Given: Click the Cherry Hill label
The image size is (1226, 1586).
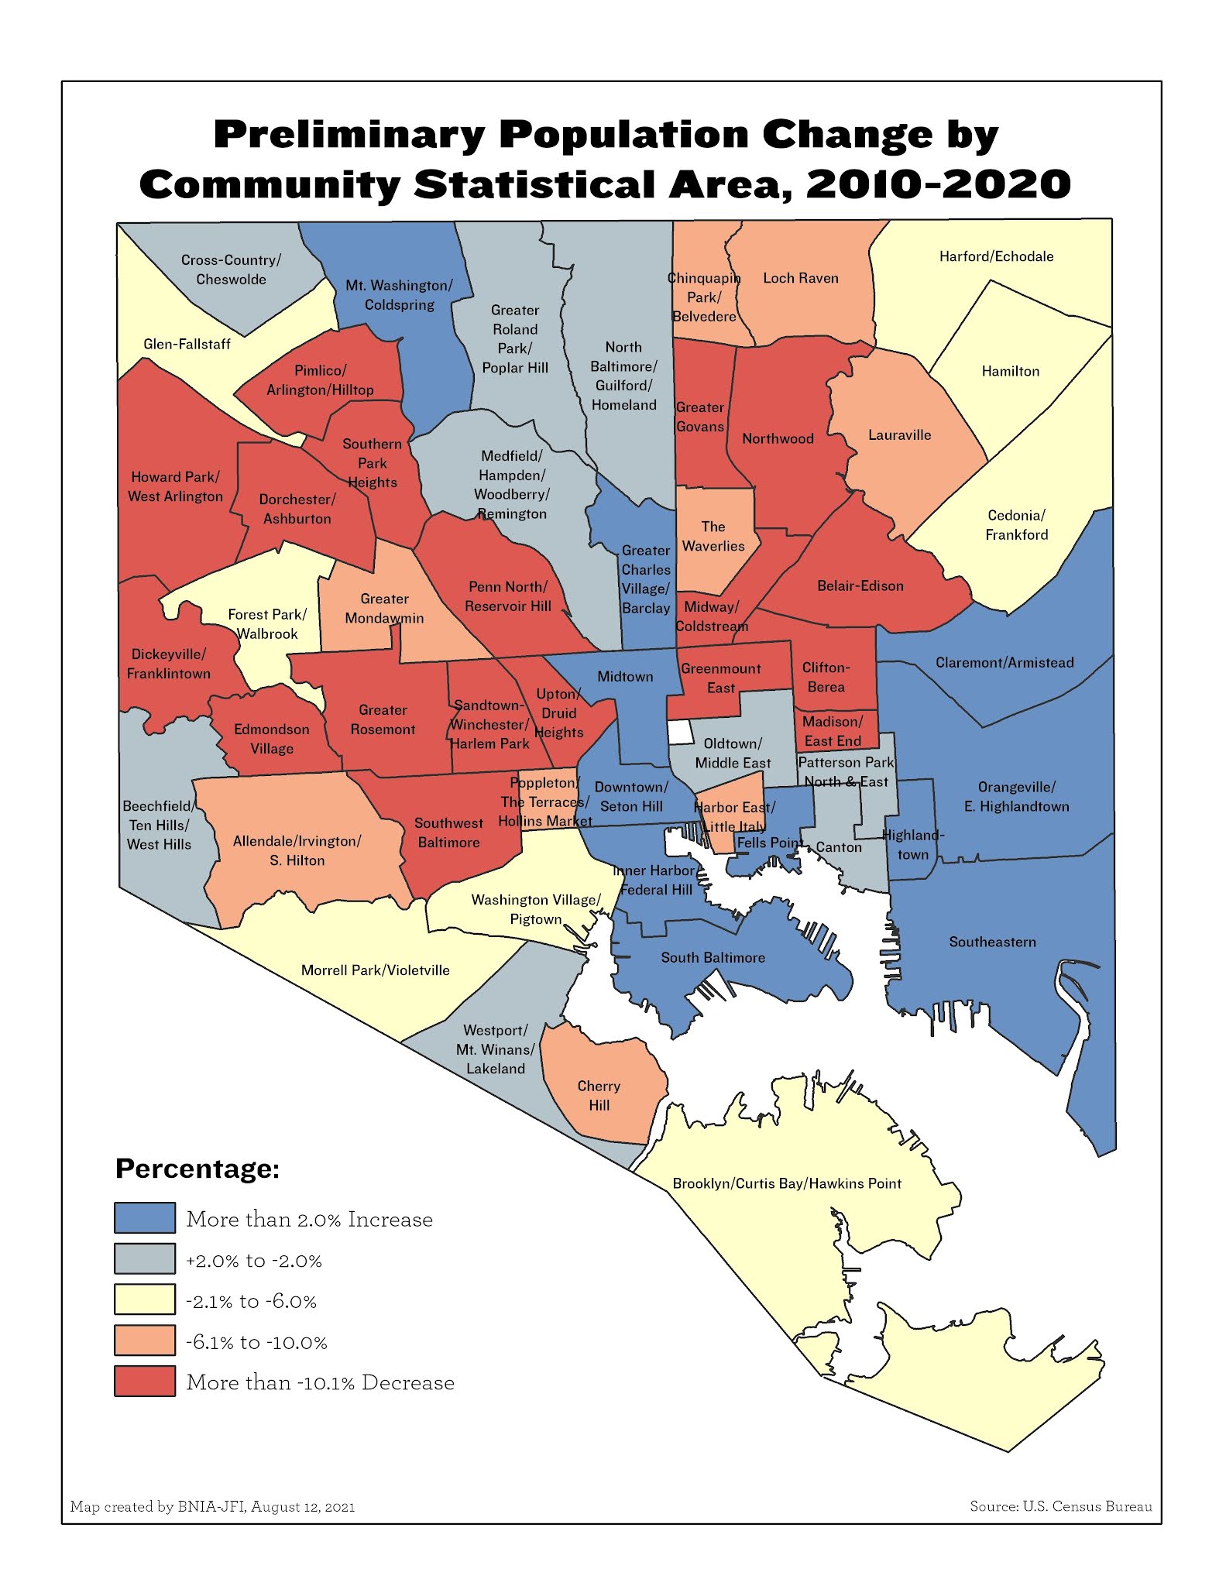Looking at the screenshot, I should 599,1095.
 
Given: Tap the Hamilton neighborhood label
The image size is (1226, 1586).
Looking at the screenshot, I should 1010,371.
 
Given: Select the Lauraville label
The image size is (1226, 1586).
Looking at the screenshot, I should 899,434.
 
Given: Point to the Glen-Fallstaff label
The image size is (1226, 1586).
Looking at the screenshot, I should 187,344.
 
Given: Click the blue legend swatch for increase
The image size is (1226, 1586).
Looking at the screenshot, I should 145,1218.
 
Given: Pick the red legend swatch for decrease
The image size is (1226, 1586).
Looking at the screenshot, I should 145,1382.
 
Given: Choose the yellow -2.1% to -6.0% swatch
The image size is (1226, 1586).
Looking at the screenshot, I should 145,1299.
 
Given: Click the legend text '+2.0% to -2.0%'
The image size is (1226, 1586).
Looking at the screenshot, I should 253,1260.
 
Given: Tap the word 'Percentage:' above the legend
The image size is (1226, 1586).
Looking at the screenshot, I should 197,1168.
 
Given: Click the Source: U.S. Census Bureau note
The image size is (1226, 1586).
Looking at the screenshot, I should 1060,1506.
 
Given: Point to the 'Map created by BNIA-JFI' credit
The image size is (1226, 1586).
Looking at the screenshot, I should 212,1506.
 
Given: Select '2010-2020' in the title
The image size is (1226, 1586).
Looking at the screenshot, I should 938,184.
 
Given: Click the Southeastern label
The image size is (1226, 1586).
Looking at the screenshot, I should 992,942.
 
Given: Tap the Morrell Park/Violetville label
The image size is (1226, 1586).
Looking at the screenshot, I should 375,970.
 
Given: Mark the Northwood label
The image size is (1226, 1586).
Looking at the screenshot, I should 778,438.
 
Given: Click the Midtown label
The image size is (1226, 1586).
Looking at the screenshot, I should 625,676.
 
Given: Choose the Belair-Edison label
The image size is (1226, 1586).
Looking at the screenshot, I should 860,585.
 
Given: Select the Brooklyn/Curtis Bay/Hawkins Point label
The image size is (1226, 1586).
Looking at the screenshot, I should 786,1183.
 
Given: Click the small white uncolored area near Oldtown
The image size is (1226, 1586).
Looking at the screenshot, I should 680,732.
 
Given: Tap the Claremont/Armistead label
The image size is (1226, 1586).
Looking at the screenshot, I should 1004,662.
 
